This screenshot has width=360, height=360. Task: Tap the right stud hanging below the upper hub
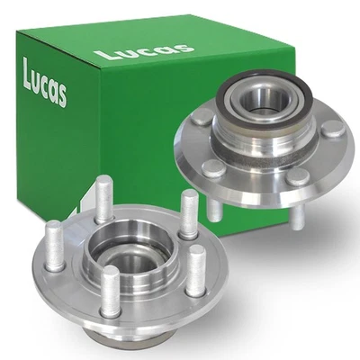(298, 220)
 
